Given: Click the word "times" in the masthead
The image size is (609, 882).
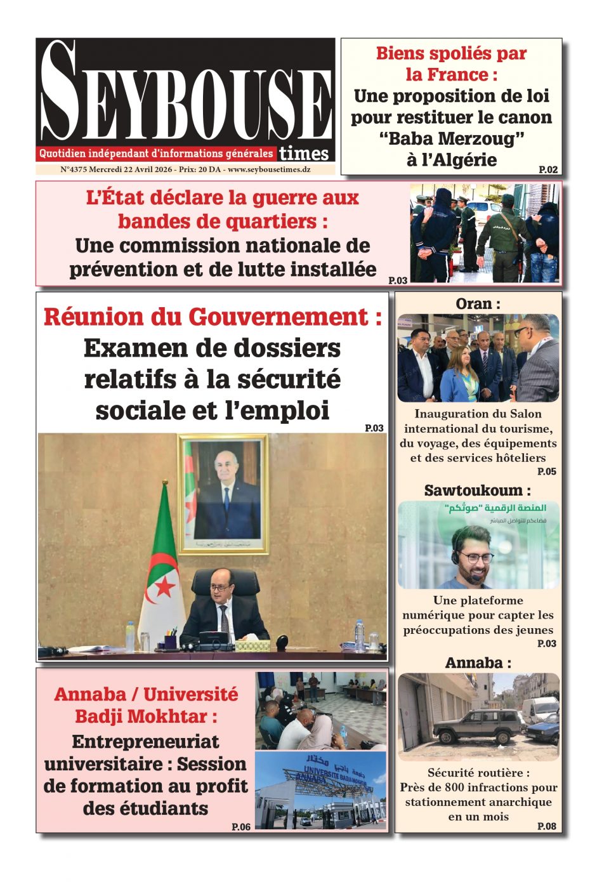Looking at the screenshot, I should click(304, 153).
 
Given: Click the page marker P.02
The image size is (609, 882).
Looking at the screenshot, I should click(548, 169).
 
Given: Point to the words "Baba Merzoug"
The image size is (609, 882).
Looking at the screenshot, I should click(452, 138).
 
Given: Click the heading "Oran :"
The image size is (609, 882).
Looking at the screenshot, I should click(478, 304).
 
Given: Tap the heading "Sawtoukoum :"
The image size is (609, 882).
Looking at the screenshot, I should click(477, 490).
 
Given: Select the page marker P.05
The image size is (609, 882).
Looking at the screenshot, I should click(546, 471).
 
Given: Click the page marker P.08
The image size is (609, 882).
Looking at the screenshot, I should click(546, 826).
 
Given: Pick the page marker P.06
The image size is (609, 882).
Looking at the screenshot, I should click(241, 827).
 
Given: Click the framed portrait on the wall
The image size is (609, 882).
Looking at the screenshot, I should click(223, 494).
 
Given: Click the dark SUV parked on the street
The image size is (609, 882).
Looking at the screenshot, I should click(475, 725).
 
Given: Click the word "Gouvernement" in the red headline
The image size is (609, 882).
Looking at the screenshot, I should click(280, 317).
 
